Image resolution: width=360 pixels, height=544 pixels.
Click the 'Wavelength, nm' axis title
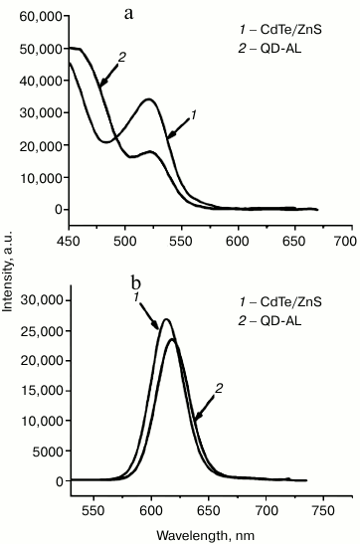click(x=206, y=534)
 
